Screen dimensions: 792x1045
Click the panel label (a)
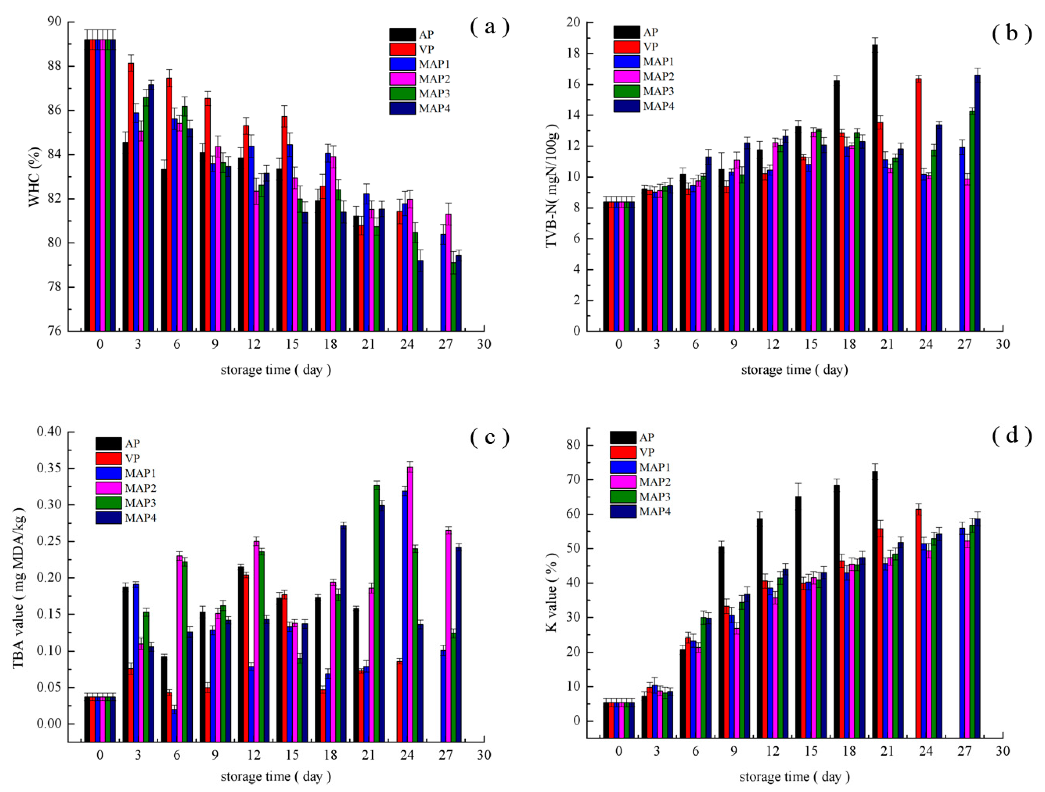490,27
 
